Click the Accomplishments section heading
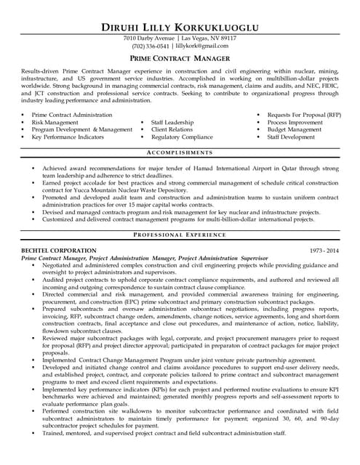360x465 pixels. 180,153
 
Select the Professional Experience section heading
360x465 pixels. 180,236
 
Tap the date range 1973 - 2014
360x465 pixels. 324,250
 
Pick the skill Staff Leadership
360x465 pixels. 172,123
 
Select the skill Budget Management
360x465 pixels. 296,129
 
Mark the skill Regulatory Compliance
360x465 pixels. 182,137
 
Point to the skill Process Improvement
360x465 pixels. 297,123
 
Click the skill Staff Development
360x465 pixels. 291,137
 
